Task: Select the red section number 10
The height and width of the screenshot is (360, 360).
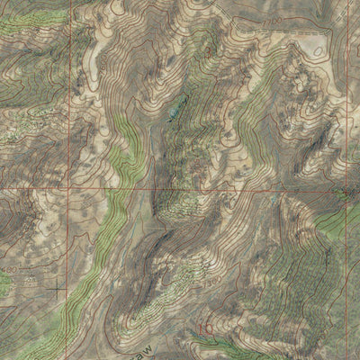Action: click(204, 328)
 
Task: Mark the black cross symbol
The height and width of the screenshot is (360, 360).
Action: click(59, 289)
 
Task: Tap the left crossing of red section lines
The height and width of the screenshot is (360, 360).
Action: click(68, 188)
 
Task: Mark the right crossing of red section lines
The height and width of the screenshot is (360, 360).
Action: click(346, 190)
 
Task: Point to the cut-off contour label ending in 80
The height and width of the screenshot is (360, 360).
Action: click(9, 268)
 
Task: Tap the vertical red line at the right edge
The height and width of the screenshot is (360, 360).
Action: click(346, 90)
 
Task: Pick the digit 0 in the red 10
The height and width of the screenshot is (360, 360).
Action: click(209, 328)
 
